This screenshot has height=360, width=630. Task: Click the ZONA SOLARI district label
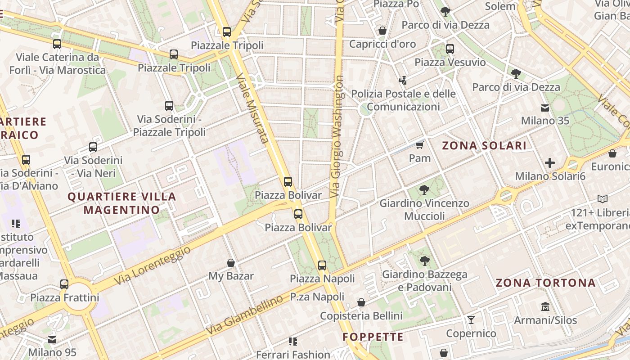484,145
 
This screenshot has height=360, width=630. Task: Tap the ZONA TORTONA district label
545,283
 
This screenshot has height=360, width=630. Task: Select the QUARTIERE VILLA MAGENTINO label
122,203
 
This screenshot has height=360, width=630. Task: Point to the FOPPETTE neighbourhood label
373,337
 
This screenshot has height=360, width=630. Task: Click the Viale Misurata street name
252,108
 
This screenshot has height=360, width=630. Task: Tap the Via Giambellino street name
245,315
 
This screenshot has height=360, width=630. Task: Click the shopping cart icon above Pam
420,145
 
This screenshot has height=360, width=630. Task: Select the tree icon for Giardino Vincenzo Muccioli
423,189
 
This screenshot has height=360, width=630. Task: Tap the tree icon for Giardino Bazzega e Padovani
424,261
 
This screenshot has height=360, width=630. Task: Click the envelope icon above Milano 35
545,108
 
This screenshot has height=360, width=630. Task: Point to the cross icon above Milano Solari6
549,163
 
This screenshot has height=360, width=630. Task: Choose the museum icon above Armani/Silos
545,307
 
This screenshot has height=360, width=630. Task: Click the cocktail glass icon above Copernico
471,320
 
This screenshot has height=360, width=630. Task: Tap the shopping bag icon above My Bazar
231,263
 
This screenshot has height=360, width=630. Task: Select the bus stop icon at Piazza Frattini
64,284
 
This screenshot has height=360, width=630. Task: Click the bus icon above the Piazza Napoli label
322,265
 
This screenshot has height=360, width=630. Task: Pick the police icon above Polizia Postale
403,81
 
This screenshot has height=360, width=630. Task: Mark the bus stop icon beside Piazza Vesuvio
450,49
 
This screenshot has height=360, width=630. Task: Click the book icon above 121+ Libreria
602,199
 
